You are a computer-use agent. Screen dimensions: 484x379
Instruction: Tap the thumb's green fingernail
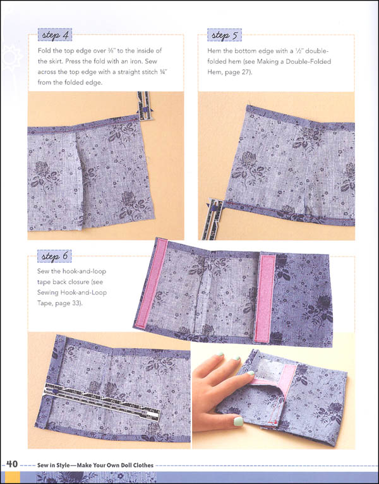(x=239, y=421)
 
